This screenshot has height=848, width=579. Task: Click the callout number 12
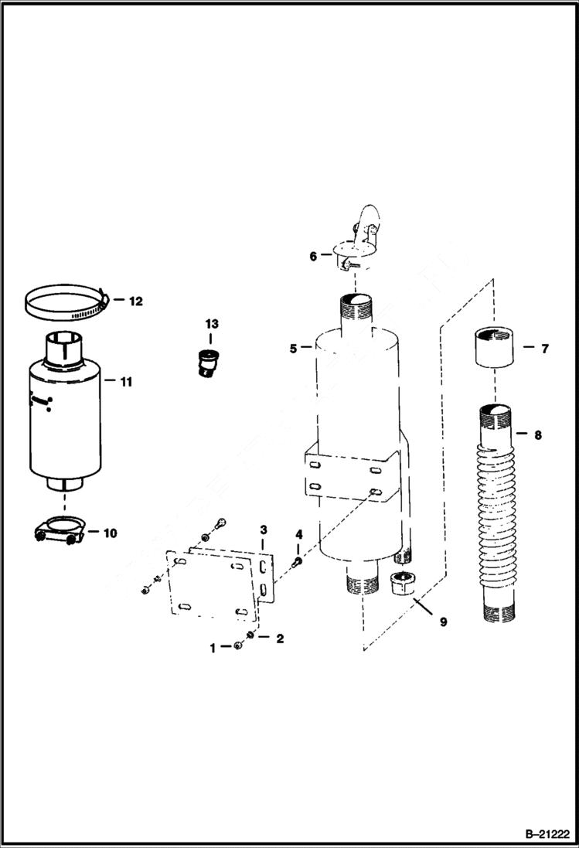pyautogui.click(x=135, y=301)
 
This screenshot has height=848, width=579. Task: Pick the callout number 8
pyautogui.click(x=537, y=434)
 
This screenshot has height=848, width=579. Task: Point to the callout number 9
pyautogui.click(x=443, y=621)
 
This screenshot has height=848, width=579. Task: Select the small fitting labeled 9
pyautogui.click(x=402, y=584)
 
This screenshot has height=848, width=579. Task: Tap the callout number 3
pyautogui.click(x=264, y=530)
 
